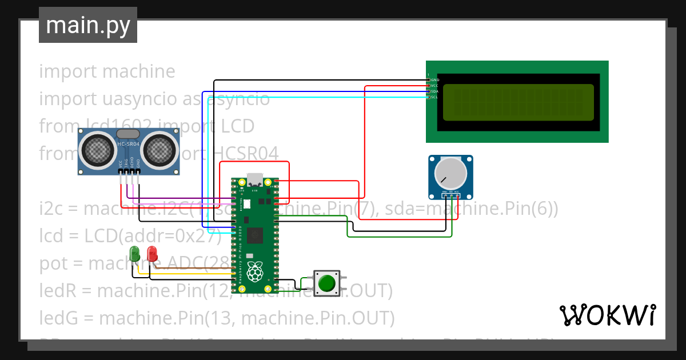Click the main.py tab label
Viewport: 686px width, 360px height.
tap(87, 25)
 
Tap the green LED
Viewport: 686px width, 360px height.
tap(135, 253)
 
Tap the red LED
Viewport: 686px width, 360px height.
tap(152, 253)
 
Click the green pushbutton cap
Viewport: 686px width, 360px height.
tap(327, 283)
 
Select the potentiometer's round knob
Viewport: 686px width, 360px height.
tap(450, 172)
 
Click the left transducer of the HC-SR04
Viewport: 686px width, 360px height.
tap(98, 149)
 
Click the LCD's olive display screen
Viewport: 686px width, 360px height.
tap(518, 102)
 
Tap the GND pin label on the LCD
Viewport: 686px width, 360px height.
tap(434, 79)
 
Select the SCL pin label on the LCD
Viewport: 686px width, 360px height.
tap(434, 97)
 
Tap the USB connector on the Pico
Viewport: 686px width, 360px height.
tap(254, 179)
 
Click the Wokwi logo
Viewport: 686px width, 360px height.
tap(607, 315)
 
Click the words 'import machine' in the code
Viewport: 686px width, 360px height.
tap(107, 71)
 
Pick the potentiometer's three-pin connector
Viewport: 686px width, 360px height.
tap(450, 195)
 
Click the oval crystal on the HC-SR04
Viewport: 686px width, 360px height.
tap(129, 134)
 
